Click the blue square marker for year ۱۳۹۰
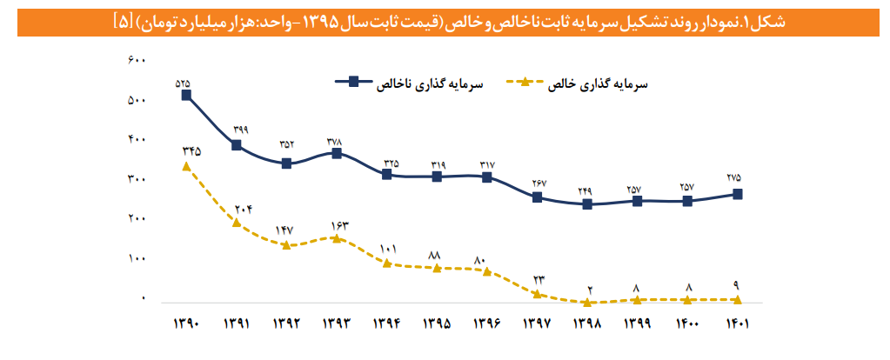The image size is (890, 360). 186,96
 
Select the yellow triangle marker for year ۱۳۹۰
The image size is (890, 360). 186,165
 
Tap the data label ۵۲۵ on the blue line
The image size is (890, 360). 183,83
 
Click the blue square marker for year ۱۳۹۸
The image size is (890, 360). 587,204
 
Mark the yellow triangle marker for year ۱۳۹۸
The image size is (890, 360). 587,302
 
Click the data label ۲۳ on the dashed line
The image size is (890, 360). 538,279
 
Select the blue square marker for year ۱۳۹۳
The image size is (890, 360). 338,153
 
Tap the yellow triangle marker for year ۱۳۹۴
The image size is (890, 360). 387,263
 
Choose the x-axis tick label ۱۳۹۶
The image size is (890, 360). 487,323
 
